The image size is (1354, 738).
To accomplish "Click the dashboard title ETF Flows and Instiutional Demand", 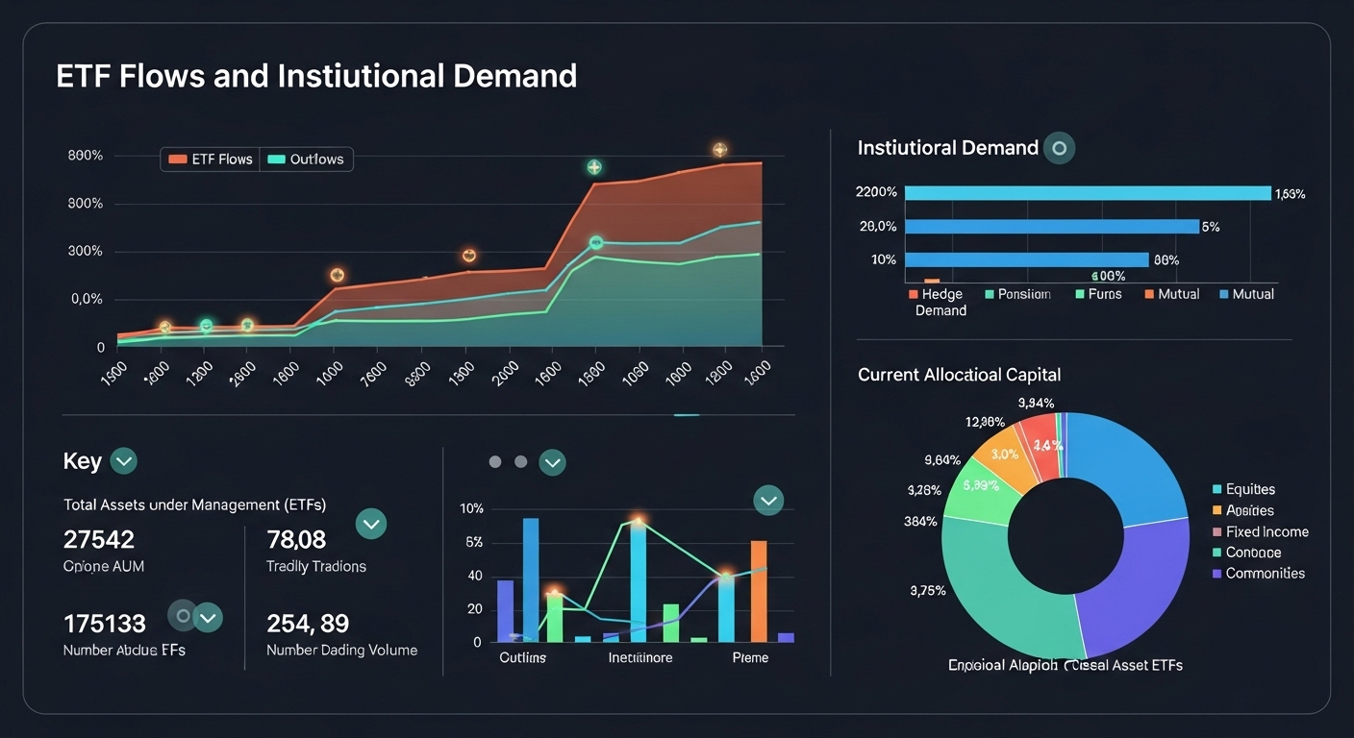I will click(316, 76).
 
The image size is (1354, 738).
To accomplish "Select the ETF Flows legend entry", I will click(211, 160).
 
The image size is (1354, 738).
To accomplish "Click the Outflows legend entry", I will click(306, 160).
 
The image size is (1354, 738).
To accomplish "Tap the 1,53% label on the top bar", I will click(1290, 194).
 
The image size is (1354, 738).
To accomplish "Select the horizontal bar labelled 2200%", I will click(1087, 193).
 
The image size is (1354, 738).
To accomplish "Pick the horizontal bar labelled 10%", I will click(1026, 259).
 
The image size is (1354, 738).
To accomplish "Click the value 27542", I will click(99, 539).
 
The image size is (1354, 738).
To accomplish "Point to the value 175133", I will click(105, 624).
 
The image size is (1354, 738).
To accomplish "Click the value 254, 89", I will click(307, 624).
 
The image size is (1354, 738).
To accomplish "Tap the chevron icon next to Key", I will click(123, 461).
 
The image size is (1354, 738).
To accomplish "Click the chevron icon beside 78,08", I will click(371, 524).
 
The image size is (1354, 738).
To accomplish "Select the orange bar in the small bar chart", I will click(758, 590).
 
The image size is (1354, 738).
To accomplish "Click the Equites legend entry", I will click(1250, 489).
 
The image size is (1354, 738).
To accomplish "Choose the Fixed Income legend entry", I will click(1266, 531).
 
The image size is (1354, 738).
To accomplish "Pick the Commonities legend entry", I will click(1265, 574).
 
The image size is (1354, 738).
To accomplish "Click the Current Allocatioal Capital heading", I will click(959, 375).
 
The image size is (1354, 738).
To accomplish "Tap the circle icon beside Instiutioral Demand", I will click(1059, 148).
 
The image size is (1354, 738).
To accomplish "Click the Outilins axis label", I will click(522, 658).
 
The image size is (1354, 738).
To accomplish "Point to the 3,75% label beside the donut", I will click(927, 591).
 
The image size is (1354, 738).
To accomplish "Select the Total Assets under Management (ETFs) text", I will click(194, 504).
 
